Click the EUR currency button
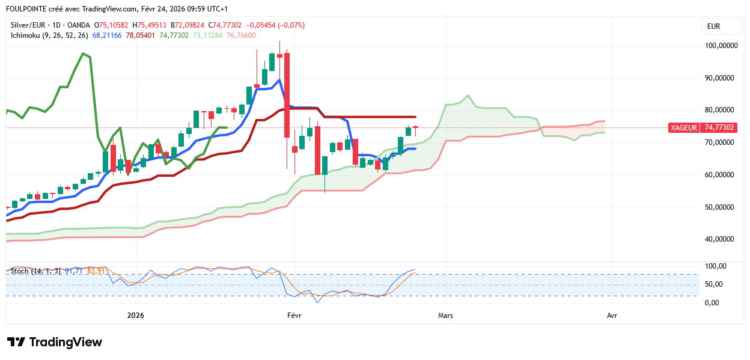713,26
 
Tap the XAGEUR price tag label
684,127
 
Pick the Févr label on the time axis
294,316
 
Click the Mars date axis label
445,316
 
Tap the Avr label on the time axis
612,316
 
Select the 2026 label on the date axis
136,316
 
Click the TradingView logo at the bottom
55,342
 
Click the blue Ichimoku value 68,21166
107,35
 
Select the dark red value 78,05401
141,35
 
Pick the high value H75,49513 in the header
151,25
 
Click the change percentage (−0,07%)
290,25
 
